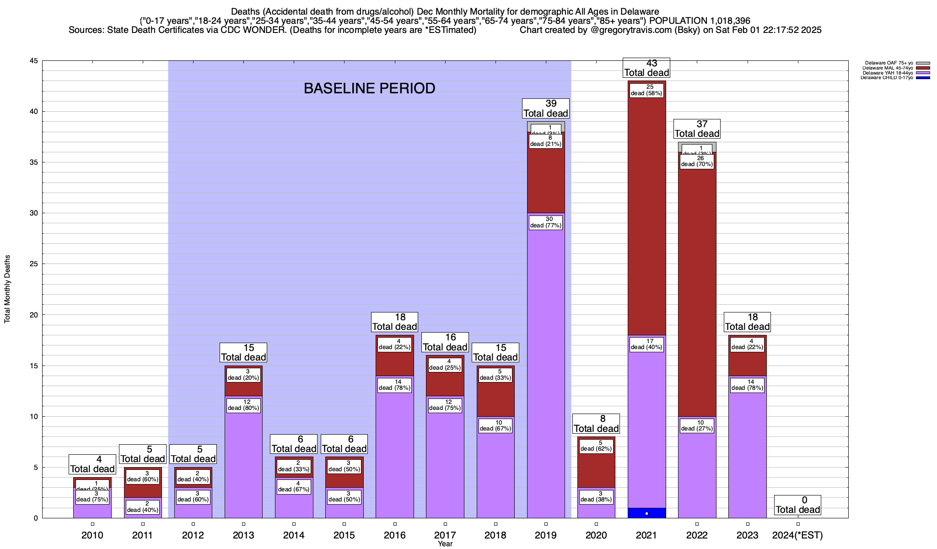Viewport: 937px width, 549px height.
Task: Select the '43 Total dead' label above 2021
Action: [x=646, y=68]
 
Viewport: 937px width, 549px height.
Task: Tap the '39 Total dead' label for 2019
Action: [x=546, y=108]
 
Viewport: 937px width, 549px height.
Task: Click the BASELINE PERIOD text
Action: [x=369, y=88]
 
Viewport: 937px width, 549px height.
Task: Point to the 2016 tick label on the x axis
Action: [x=395, y=535]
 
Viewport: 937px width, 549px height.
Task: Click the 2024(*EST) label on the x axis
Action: [x=797, y=535]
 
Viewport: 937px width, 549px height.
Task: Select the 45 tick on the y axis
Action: [x=33, y=61]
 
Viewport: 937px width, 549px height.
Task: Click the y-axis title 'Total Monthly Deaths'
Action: [x=7, y=289]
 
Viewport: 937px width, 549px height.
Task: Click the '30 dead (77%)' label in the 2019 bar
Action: [x=545, y=222]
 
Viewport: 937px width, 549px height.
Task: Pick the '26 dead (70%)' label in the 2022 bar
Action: [x=697, y=161]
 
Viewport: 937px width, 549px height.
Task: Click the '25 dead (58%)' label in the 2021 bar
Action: [x=646, y=90]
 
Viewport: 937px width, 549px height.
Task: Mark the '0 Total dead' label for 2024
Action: [x=798, y=505]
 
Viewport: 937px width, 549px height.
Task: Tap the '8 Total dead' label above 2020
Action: [x=596, y=424]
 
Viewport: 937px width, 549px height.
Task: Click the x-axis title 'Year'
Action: [x=445, y=544]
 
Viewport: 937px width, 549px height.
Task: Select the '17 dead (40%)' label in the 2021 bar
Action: [x=646, y=344]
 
